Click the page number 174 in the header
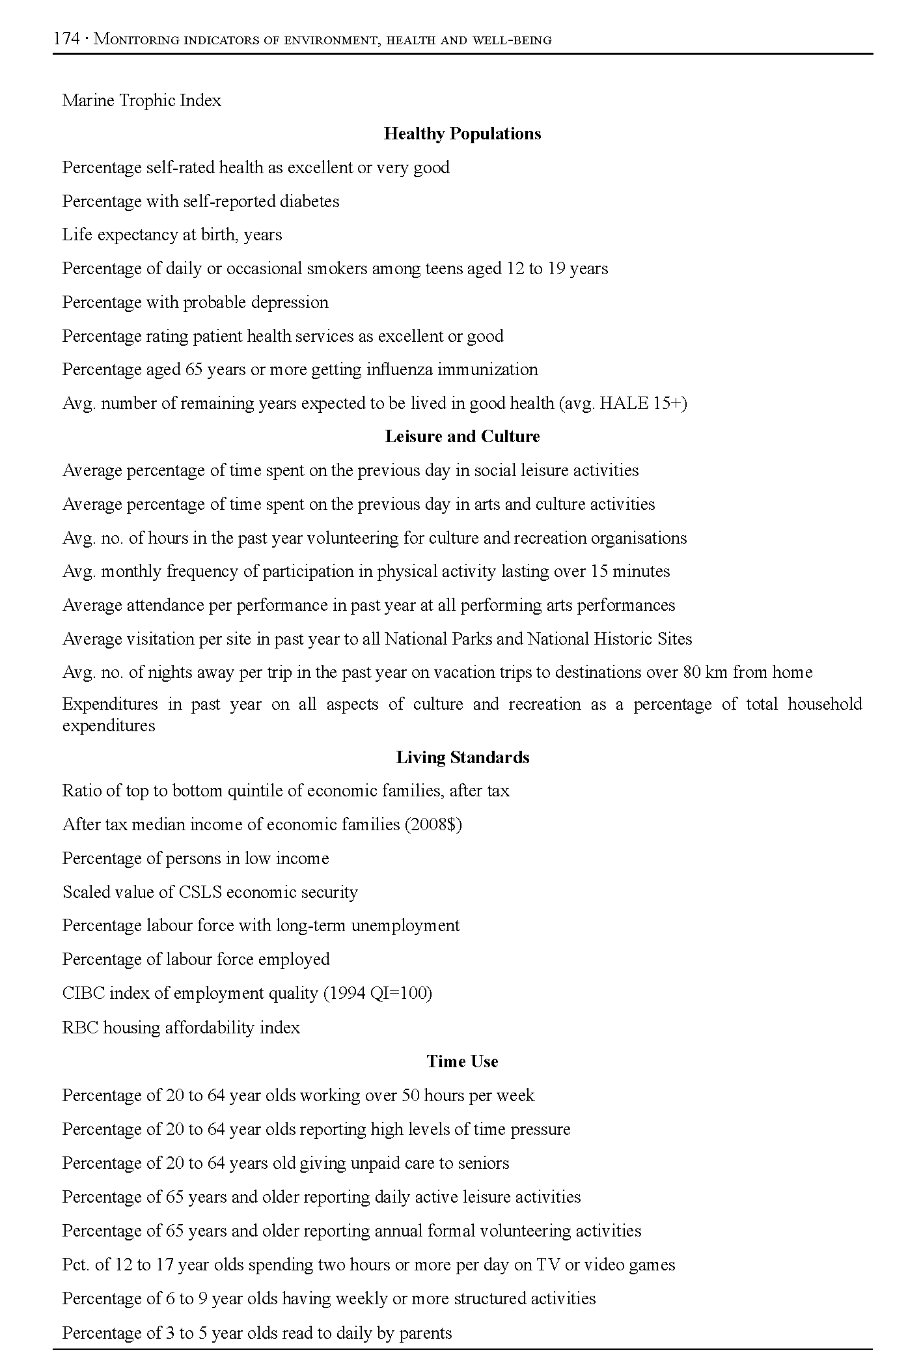click(66, 39)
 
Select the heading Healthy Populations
click(462, 134)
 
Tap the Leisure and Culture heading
click(462, 437)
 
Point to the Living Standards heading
click(462, 758)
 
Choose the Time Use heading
click(462, 1062)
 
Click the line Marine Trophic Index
click(142, 101)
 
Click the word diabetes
click(309, 202)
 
